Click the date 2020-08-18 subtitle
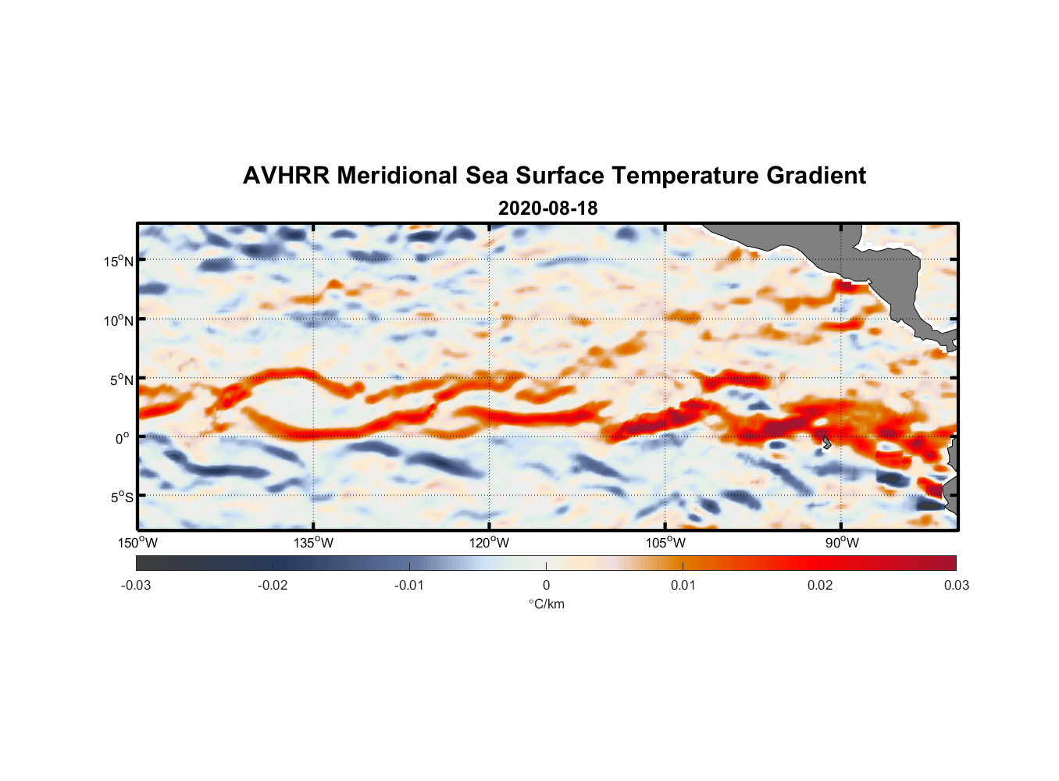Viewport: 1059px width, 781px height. [547, 209]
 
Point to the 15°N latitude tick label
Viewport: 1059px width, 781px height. [119, 261]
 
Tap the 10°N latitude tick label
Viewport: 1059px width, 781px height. [119, 320]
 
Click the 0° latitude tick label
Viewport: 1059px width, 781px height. [123, 438]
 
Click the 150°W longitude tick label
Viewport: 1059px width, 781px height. [138, 543]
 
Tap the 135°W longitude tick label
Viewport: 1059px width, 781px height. [314, 543]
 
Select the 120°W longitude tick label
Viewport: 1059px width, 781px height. [490, 543]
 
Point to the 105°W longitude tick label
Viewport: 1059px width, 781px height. [665, 543]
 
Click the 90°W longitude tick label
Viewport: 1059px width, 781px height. [842, 543]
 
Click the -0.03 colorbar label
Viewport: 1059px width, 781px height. [136, 585]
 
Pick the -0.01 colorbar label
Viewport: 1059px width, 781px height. [409, 585]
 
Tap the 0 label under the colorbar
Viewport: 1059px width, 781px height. [546, 585]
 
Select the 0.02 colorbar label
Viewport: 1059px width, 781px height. [820, 585]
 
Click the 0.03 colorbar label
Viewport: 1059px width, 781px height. [956, 585]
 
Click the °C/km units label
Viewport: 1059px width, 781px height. [546, 604]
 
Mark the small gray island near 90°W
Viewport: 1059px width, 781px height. [826, 441]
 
